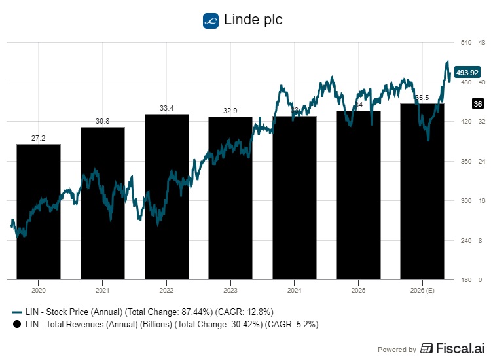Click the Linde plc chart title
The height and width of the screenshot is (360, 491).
coord(253,20)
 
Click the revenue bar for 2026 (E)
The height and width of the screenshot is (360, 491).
coord(422,196)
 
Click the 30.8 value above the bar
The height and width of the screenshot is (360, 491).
coord(103,122)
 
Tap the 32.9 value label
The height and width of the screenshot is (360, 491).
coord(230,111)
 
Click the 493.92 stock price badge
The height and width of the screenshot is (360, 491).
coord(469,72)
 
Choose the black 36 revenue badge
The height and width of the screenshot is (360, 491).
coord(477,104)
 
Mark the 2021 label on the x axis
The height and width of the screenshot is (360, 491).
coord(103,289)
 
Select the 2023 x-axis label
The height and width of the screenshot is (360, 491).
coord(230,289)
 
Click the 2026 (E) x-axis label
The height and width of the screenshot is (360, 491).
coord(422,289)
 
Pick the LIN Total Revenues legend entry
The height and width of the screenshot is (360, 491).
coord(164,323)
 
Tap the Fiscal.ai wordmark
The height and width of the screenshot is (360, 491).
coord(451,348)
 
